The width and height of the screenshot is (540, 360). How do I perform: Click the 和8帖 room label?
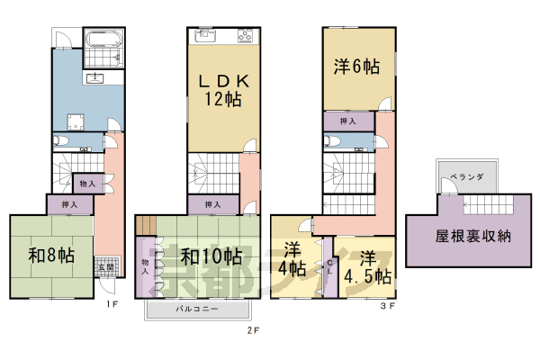pos(50,256)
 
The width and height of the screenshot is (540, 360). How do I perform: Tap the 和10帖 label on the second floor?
pos(210,256)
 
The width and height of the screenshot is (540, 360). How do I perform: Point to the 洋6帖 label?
pos(357,67)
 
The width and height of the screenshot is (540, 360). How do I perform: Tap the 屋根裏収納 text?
pos(473,238)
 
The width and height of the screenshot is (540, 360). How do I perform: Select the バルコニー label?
pos(195,310)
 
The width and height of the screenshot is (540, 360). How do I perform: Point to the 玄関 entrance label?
pos(104,267)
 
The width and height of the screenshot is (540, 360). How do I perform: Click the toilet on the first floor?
pos(59,141)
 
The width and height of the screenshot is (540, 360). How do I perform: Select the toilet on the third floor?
pos(331,141)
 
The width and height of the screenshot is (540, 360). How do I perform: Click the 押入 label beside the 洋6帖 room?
pos(348,121)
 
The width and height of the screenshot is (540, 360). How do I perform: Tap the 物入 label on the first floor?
pos(88,184)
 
